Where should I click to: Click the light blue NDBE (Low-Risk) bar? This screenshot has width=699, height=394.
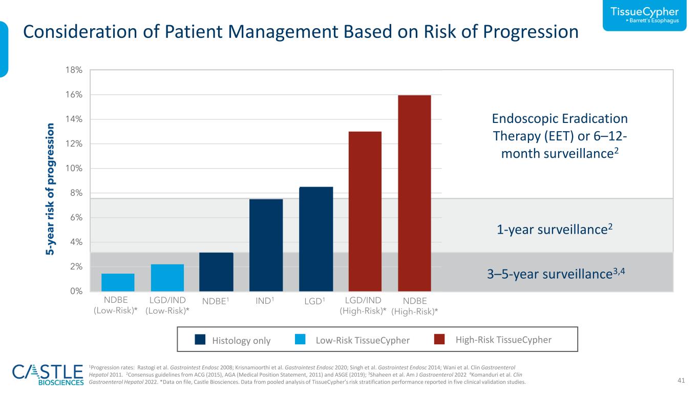tap(118, 282)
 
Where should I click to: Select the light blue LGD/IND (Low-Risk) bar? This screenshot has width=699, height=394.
tap(167, 278)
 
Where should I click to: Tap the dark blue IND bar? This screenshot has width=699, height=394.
tap(266, 245)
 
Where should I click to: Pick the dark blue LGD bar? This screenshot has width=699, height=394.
tap(316, 239)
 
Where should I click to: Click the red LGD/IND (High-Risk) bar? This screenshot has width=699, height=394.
tap(365, 212)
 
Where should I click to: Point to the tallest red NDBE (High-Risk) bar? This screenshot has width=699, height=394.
tap(414, 193)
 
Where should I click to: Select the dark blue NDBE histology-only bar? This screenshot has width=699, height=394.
tap(216, 272)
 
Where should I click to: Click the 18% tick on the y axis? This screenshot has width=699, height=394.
tap(74, 70)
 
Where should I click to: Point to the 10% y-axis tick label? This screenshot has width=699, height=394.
tap(74, 168)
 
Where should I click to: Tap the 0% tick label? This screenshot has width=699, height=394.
tap(76, 291)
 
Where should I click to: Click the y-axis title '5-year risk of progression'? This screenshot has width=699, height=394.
tap(50, 189)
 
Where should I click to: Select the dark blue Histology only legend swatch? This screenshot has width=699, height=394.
tap(200, 339)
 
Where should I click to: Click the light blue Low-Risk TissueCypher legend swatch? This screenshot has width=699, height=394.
tap(300, 339)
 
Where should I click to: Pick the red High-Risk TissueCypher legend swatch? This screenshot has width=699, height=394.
tap(439, 339)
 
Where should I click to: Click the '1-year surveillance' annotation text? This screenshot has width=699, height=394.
tap(555, 229)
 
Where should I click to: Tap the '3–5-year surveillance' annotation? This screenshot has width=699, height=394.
tap(556, 274)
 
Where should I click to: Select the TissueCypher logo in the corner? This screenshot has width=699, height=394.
tap(644, 15)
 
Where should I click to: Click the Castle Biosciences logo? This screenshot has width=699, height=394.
tap(48, 375)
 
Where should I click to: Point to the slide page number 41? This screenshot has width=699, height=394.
tap(681, 380)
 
